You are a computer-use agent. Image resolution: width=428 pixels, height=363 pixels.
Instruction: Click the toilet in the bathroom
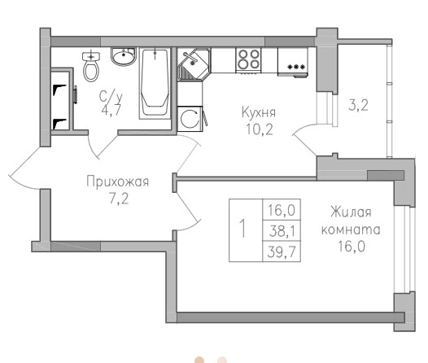[x=91, y=65]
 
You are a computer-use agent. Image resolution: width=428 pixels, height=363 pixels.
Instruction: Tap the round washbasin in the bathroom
[x=123, y=56]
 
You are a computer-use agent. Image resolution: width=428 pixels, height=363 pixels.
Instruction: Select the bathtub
[x=155, y=84]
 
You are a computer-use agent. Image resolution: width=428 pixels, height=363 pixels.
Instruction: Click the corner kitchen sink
[x=194, y=64]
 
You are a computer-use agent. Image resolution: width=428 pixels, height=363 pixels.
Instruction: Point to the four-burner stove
[x=248, y=60]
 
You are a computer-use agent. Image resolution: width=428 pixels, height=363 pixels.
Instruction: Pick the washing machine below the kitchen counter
[x=190, y=119]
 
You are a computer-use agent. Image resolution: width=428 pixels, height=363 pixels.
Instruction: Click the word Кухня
[x=259, y=112]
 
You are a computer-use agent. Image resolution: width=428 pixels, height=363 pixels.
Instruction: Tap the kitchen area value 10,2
[x=260, y=129]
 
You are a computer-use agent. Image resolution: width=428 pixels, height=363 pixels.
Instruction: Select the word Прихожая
[x=118, y=181]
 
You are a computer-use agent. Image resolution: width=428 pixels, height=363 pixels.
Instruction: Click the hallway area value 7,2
[x=119, y=199]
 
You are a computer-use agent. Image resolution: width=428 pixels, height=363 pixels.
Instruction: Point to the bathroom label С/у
[x=111, y=96]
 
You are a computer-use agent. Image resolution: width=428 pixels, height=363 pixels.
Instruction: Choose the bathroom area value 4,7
[x=111, y=110]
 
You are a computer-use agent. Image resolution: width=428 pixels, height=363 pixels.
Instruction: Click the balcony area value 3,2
[x=358, y=105]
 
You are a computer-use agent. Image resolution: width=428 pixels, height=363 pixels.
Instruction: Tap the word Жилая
[x=351, y=212]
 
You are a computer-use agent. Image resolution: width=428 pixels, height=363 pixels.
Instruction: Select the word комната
[x=351, y=230]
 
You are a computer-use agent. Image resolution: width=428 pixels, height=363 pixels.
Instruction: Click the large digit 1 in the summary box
[x=242, y=229]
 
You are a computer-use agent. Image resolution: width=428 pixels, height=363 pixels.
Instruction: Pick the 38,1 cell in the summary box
[x=282, y=231]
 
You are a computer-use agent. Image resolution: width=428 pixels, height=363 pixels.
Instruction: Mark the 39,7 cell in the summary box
[x=282, y=251]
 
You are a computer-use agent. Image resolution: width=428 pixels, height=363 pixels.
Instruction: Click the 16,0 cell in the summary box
[x=282, y=210]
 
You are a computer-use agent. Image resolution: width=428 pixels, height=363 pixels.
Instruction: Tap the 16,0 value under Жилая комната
[x=352, y=247]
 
